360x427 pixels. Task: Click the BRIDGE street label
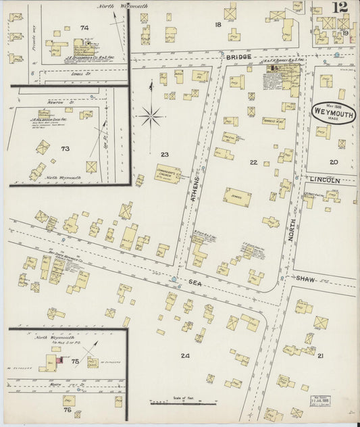click(x=238, y=57)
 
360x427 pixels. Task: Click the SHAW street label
click(x=305, y=278)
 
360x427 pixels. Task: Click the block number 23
click(x=164, y=155)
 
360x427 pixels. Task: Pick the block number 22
click(x=253, y=162)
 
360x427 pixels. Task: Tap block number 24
click(x=184, y=354)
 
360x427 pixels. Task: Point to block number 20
click(x=333, y=162)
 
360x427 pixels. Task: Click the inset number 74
click(x=84, y=27)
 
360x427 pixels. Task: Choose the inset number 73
click(x=65, y=148)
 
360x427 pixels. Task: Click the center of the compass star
click(x=150, y=116)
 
